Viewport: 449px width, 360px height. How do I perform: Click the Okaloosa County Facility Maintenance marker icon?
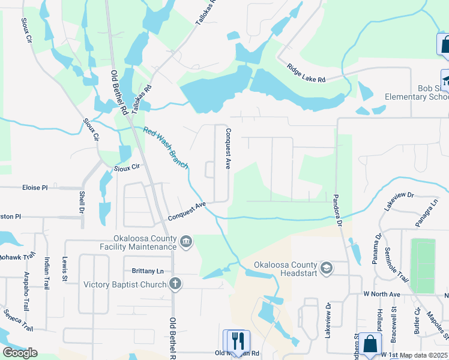point(186,242)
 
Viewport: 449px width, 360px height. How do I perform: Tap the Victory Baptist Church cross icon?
point(175,284)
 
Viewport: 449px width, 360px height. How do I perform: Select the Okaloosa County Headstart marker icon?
point(326,268)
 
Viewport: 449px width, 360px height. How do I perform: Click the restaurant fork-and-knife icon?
point(237,340)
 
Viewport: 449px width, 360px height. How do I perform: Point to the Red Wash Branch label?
point(166,147)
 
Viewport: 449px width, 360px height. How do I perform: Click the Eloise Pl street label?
point(34,188)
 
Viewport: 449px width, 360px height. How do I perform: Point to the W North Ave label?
point(382,295)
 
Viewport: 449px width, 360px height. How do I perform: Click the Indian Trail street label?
point(47,273)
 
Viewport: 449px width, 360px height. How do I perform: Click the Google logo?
point(20,353)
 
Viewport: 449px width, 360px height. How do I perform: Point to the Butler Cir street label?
point(417,322)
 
